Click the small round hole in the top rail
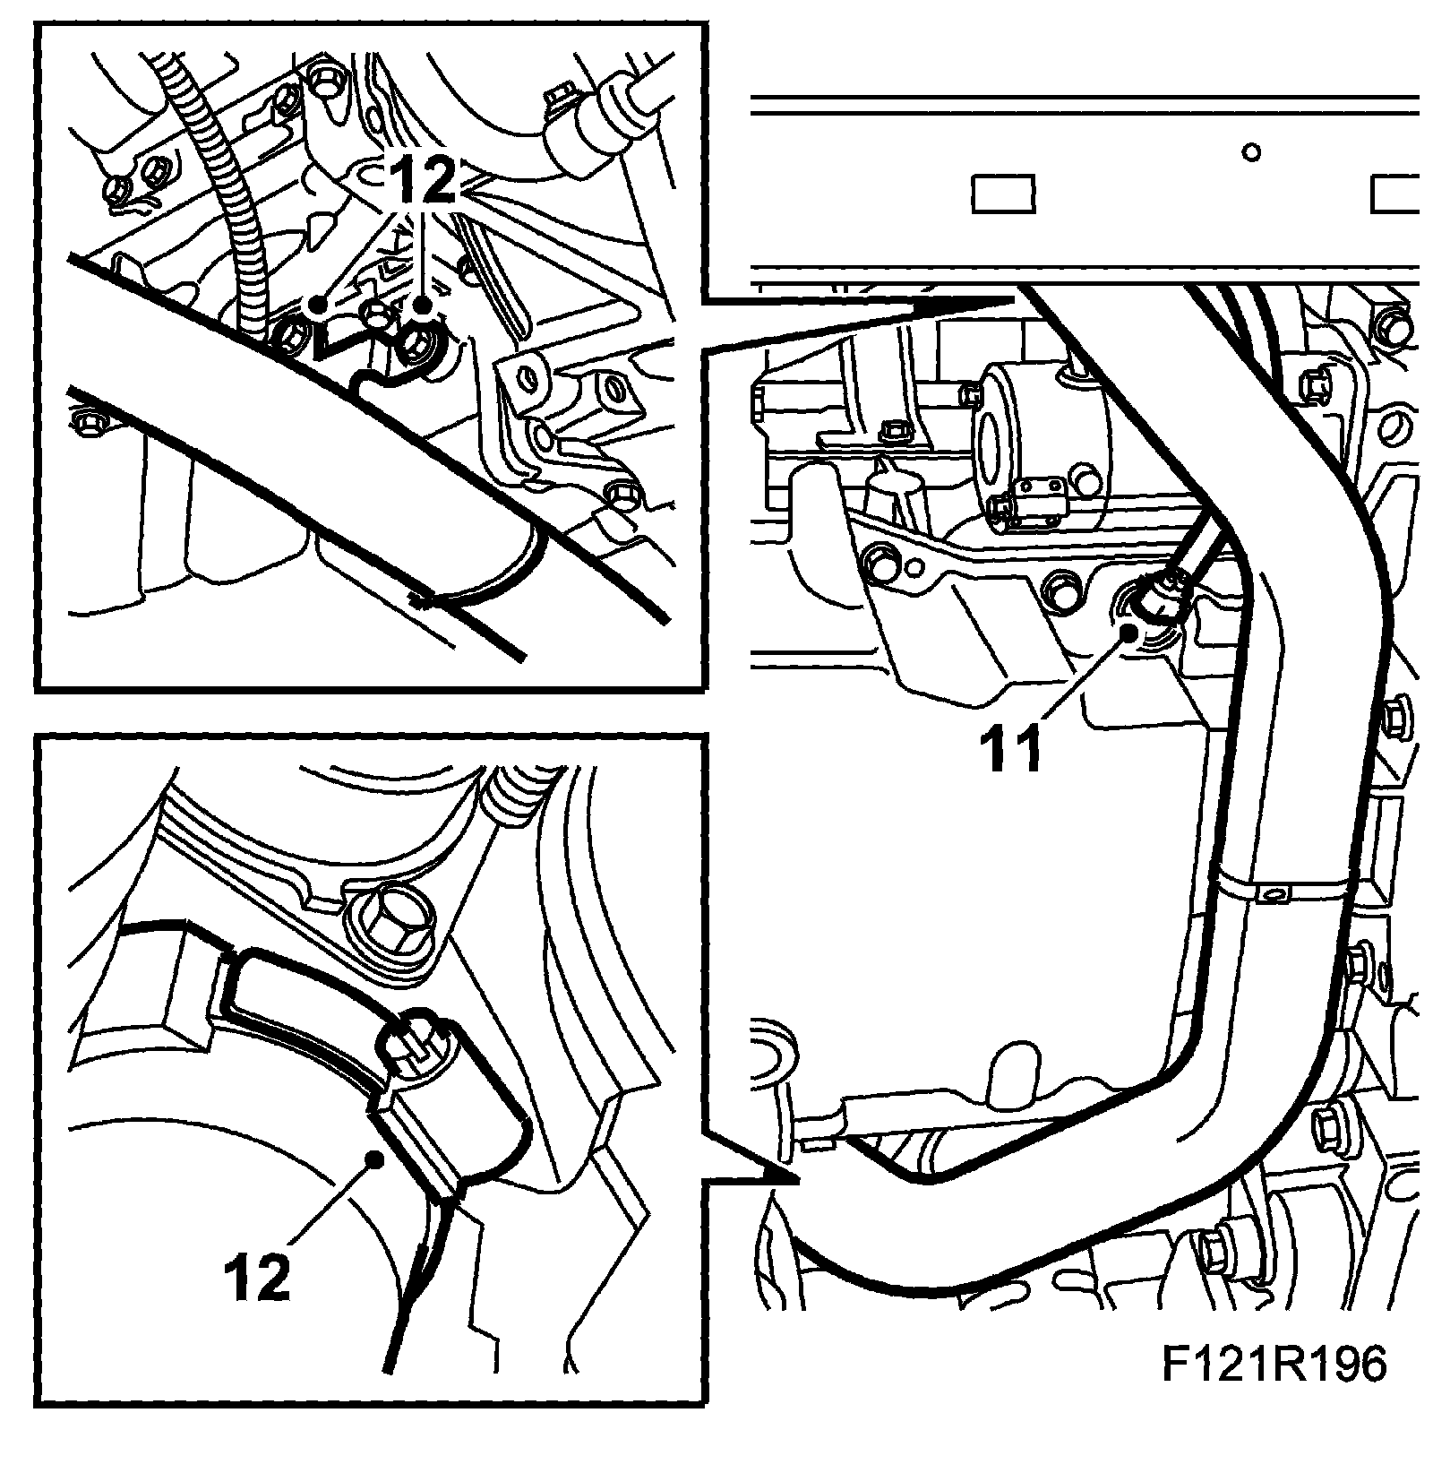(x=1251, y=152)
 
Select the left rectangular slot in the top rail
(x=1003, y=194)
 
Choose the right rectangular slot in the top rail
(x=1398, y=194)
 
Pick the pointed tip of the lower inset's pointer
(x=796, y=1183)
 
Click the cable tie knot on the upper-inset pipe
(x=421, y=598)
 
